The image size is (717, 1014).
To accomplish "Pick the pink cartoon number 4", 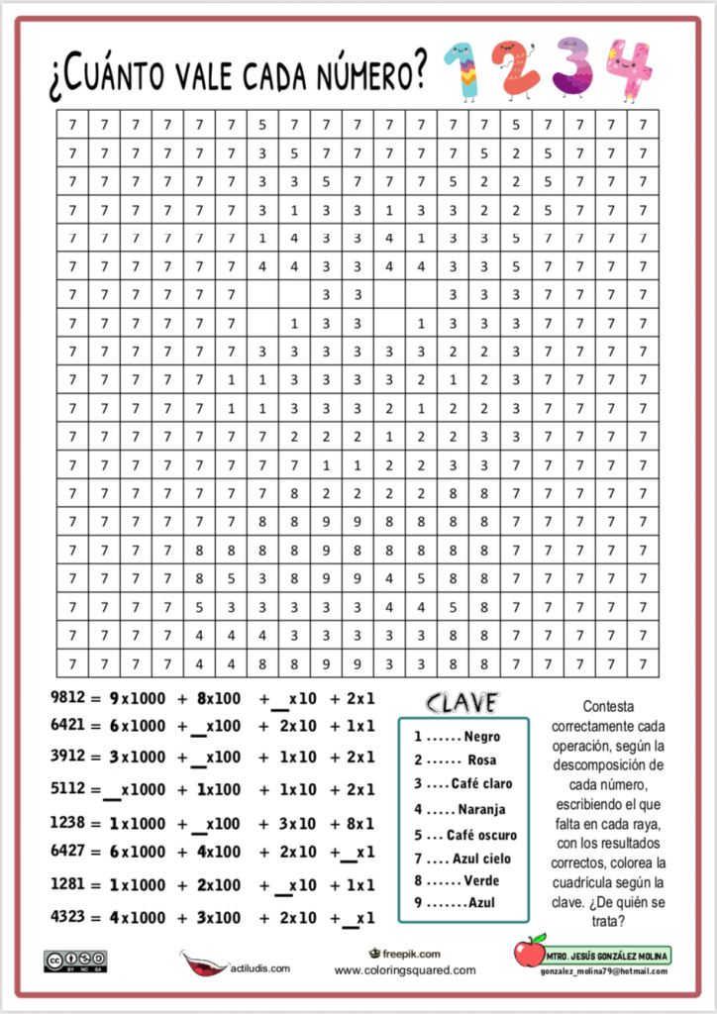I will tap(631, 71).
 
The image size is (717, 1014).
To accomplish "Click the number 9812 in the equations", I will tap(67, 697).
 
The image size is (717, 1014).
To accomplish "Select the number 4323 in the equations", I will tap(67, 916).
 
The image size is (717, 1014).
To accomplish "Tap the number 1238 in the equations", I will tap(67, 822).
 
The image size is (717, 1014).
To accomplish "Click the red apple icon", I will tap(530, 952).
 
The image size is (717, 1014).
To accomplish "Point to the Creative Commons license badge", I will tap(74, 959).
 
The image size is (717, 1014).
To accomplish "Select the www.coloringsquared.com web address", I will tap(404, 970).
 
